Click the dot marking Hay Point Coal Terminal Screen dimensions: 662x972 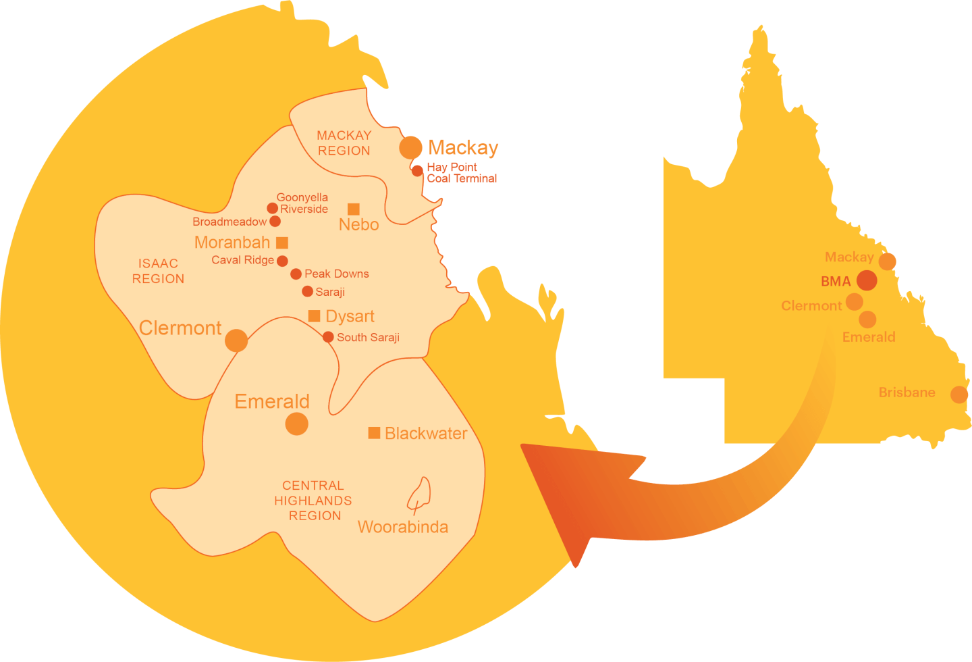click(417, 170)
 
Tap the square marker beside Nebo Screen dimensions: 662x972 click(354, 209)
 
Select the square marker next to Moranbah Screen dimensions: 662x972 click(282, 243)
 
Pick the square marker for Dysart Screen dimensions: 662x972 click(314, 315)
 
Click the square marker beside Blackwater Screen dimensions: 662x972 click(374, 432)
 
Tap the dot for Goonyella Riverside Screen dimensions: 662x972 click(272, 208)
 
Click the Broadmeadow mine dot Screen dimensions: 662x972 click(275, 221)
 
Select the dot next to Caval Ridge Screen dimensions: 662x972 click(282, 261)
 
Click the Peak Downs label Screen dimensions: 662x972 click(336, 274)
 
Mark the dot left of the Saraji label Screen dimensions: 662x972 click(307, 291)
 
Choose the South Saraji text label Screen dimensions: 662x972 click(368, 337)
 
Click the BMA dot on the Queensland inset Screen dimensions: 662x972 click(867, 280)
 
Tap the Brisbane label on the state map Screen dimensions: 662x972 click(907, 392)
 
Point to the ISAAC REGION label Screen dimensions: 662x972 click(158, 271)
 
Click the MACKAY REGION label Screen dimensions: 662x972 click(344, 143)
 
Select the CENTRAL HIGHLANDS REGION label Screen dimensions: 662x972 click(313, 501)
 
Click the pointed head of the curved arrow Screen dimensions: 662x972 click(540, 466)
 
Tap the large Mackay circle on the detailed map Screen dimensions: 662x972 click(410, 147)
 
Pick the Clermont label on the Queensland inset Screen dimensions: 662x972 click(811, 306)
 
